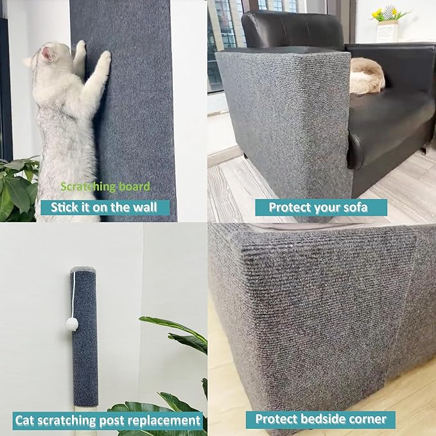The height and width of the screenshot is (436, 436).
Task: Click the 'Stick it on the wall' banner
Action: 105,207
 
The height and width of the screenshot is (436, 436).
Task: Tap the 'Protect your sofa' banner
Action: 320,207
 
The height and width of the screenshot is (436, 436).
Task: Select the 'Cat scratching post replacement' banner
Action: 108,421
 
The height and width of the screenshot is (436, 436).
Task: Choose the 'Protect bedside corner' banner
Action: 320,419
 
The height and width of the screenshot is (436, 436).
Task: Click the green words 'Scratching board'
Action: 105,187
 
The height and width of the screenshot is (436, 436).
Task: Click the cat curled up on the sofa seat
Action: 367,75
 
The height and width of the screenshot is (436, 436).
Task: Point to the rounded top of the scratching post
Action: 83,273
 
